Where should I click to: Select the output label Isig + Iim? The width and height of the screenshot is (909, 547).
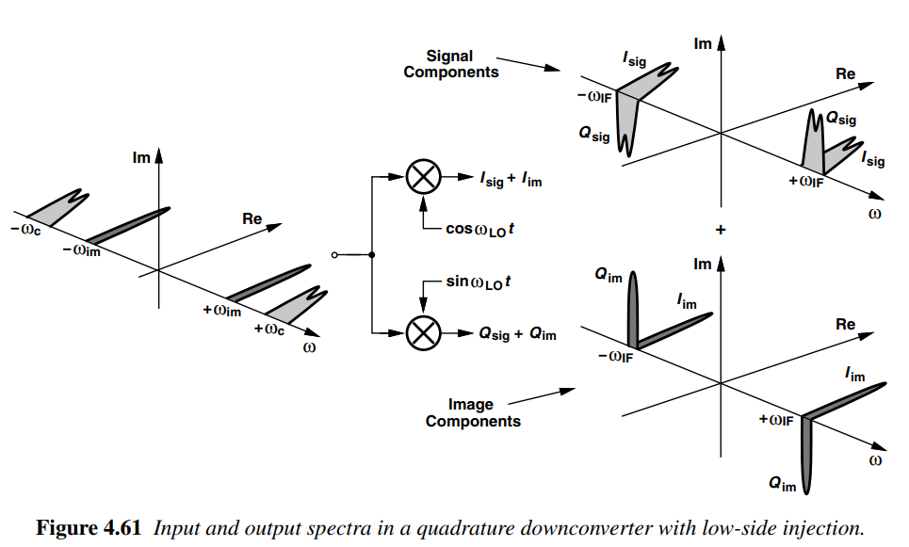(x=511, y=178)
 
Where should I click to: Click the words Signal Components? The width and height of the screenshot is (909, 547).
(x=450, y=64)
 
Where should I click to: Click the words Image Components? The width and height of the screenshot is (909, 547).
(x=472, y=412)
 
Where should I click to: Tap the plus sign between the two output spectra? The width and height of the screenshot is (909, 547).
(x=721, y=231)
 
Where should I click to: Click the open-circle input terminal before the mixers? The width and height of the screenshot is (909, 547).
(x=333, y=255)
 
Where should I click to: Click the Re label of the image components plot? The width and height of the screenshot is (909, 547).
(x=845, y=324)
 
